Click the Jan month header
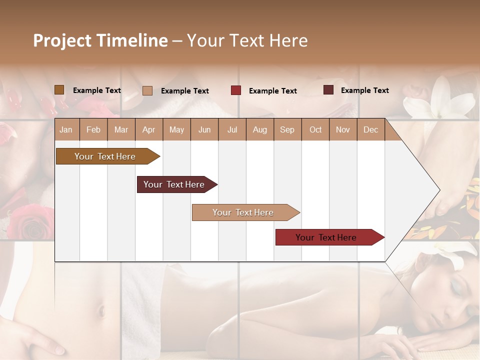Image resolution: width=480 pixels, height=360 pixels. [66, 129]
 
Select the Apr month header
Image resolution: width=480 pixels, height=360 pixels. [149, 129]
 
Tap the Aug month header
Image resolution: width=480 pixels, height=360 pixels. [260, 129]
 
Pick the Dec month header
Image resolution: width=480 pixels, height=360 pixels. [370, 129]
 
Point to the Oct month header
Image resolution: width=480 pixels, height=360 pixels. [315, 129]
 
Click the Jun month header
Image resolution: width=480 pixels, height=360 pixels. [204, 129]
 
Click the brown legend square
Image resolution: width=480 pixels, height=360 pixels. [59, 90]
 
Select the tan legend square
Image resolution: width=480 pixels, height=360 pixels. [147, 90]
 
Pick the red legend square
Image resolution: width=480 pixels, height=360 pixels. [236, 90]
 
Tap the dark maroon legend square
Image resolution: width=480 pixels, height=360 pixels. [328, 90]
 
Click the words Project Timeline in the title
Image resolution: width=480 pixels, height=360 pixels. [100, 40]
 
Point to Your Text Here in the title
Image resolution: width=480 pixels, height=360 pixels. [247, 40]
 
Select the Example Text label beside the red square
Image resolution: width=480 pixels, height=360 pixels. [273, 90]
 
